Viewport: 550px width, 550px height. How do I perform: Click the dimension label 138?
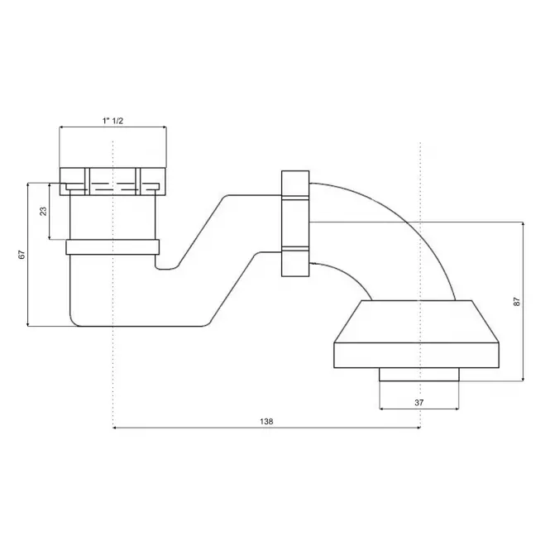point(266,421)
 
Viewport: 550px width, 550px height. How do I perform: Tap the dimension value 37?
point(418,403)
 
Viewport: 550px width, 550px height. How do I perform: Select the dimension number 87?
point(517,302)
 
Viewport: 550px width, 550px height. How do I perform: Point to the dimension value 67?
point(22,254)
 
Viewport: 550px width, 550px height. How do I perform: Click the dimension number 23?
point(43,211)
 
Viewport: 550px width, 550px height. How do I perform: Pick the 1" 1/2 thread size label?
point(112,121)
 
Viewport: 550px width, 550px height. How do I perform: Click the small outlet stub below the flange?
point(418,375)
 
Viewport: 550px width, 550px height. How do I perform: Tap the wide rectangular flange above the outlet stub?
point(416,355)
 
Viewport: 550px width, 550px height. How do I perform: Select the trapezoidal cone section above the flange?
point(416,321)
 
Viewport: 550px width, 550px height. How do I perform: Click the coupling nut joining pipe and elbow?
point(295,223)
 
